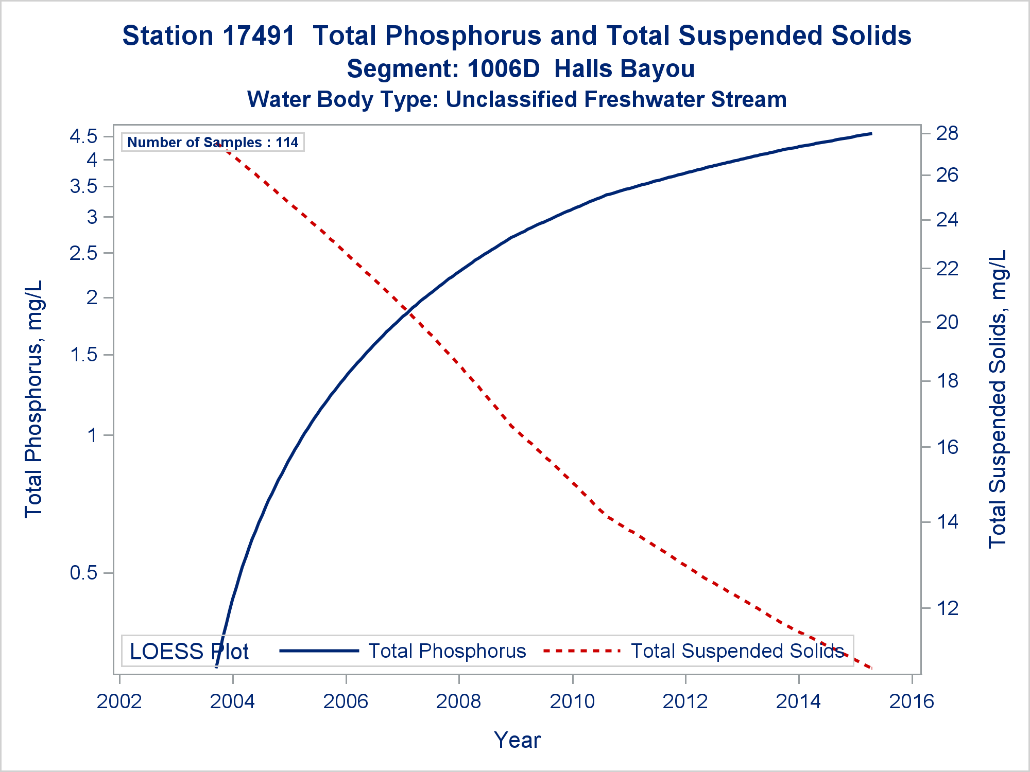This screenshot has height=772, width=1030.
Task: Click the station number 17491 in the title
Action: point(260,36)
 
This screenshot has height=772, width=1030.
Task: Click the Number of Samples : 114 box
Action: point(213,142)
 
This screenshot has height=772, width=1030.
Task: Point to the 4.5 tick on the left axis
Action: point(83,137)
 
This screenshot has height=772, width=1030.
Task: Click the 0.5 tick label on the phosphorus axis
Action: point(83,573)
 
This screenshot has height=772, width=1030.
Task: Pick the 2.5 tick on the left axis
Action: point(83,253)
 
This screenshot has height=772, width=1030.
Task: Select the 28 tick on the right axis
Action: point(947,134)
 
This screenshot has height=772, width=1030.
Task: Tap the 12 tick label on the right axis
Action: point(947,608)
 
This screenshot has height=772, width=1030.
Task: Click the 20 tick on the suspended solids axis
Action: point(947,322)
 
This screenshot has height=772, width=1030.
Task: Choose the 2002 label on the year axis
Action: point(119,701)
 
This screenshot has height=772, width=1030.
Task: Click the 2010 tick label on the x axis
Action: point(572,701)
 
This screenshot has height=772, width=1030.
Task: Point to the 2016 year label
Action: point(912,701)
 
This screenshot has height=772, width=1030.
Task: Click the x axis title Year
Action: point(517,740)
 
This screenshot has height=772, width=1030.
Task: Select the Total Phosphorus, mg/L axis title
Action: point(33,399)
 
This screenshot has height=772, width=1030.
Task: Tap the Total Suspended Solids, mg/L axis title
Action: point(998,399)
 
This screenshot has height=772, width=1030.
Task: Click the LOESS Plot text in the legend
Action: point(189,652)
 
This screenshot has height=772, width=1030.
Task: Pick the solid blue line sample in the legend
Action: point(319,651)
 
